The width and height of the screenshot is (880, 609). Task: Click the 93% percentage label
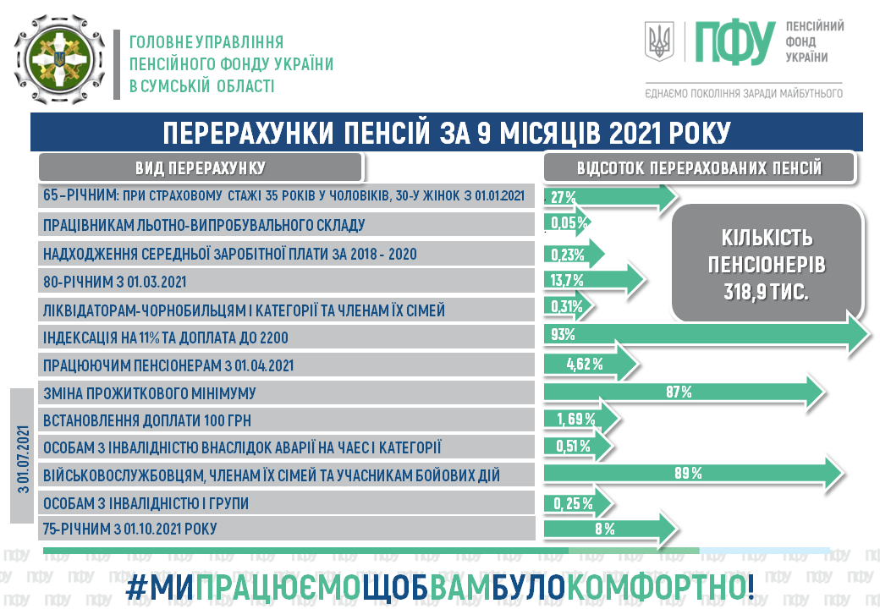tap(563, 335)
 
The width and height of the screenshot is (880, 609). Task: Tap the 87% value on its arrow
tap(679, 392)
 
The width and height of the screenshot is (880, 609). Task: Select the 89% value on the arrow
tap(688, 474)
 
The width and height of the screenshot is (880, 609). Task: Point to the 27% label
tap(563, 197)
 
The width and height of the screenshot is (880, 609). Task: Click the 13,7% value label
tap(567, 280)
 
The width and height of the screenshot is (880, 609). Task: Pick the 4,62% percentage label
tap(584, 365)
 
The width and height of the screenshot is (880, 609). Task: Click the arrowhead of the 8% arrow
tap(666, 529)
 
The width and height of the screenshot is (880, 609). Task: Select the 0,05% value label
tap(569, 222)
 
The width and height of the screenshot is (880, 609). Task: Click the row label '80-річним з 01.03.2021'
tap(114, 282)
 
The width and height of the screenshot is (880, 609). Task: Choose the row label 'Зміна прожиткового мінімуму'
tap(149, 393)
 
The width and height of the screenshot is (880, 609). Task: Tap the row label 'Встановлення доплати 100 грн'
tap(147, 420)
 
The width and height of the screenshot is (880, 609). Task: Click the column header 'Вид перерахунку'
tap(201, 167)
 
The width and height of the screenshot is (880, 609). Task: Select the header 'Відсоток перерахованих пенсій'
tap(699, 167)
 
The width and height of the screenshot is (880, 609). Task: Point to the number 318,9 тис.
tap(766, 292)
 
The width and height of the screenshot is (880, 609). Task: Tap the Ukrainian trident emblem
tap(659, 41)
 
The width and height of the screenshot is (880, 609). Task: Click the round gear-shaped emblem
tap(59, 59)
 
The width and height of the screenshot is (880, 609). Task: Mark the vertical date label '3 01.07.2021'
tap(23, 459)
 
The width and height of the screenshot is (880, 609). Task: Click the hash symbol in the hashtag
tap(136, 587)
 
